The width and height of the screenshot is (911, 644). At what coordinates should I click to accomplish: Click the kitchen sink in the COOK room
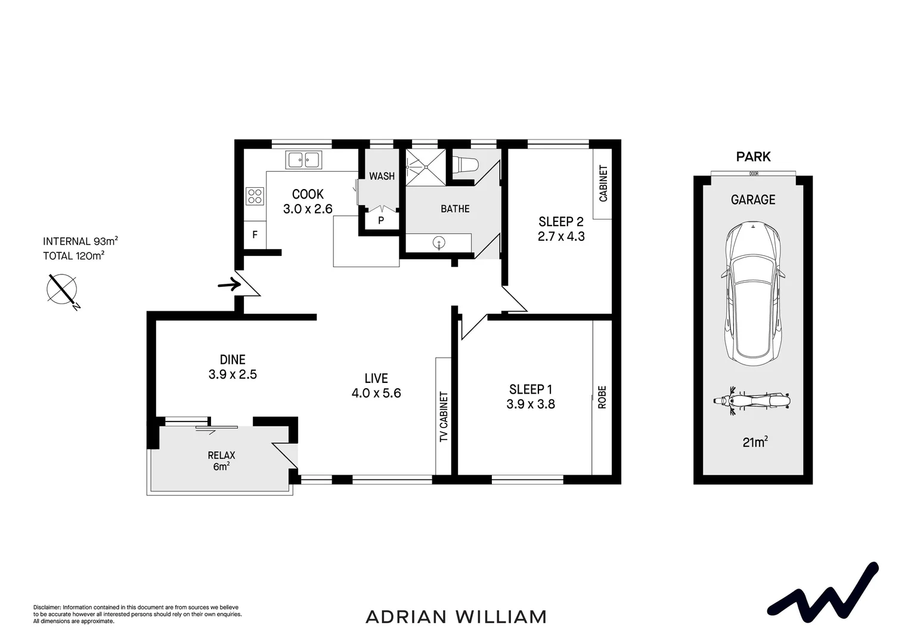303,160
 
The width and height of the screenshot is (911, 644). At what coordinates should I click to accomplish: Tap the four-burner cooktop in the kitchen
255,196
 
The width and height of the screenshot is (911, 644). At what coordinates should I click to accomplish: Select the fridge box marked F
255,235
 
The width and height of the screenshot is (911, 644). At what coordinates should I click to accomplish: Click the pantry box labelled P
380,220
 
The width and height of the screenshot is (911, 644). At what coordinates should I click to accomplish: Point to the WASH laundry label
382,176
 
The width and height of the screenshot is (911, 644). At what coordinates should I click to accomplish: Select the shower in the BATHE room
426,167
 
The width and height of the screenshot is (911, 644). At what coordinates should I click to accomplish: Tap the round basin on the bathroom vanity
439,243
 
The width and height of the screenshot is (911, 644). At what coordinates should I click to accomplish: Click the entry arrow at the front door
229,284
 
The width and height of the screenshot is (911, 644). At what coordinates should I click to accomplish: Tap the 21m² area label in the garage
754,442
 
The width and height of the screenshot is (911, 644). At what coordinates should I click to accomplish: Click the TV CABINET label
444,417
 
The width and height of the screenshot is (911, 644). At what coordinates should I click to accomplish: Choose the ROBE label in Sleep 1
602,397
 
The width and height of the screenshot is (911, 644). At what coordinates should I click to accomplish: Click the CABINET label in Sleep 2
603,184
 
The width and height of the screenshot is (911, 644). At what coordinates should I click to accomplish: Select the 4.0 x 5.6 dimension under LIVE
376,393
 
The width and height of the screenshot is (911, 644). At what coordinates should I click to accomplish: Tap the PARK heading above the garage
753,156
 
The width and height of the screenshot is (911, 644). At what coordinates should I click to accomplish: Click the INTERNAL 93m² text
80,241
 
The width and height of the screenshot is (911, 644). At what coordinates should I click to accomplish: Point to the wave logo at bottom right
823,591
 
